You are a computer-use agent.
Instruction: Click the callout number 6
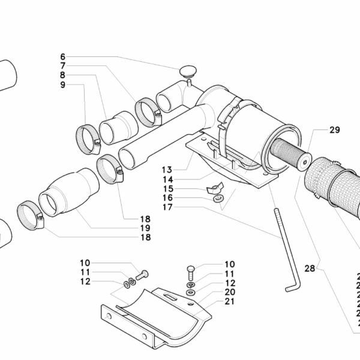click(62, 56)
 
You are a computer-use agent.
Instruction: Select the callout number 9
click(62, 85)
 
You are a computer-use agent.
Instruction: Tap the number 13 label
click(167, 170)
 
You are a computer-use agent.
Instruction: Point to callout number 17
click(167, 208)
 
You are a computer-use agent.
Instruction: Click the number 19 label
click(145, 229)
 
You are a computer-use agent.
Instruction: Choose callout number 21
click(230, 302)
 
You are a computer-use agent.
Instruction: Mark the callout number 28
click(310, 269)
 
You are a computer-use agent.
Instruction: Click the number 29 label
click(334, 130)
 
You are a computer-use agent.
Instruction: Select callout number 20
click(230, 292)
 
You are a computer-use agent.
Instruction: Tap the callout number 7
click(62, 65)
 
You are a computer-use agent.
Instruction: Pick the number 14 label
click(167, 179)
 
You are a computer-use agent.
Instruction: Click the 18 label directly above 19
click(145, 219)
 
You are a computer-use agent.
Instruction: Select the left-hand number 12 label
click(85, 281)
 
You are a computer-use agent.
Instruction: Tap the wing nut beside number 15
click(214, 187)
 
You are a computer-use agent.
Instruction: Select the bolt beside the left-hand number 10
click(142, 275)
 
